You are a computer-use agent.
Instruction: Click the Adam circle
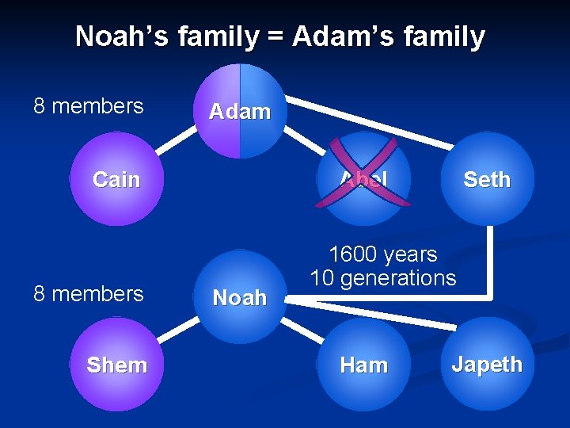point(240,111)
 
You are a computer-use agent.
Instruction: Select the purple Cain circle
point(116,179)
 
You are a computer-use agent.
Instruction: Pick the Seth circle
point(487,179)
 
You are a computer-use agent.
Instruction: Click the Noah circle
point(240,297)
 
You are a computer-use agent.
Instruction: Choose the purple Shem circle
point(116,365)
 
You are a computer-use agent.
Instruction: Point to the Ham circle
point(363,365)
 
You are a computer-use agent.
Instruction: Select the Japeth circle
point(487,365)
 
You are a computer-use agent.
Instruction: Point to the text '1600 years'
point(382,254)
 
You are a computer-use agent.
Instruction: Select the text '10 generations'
point(382,278)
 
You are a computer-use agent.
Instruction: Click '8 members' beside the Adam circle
point(88,105)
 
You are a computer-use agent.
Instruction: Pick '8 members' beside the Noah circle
point(88,293)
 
